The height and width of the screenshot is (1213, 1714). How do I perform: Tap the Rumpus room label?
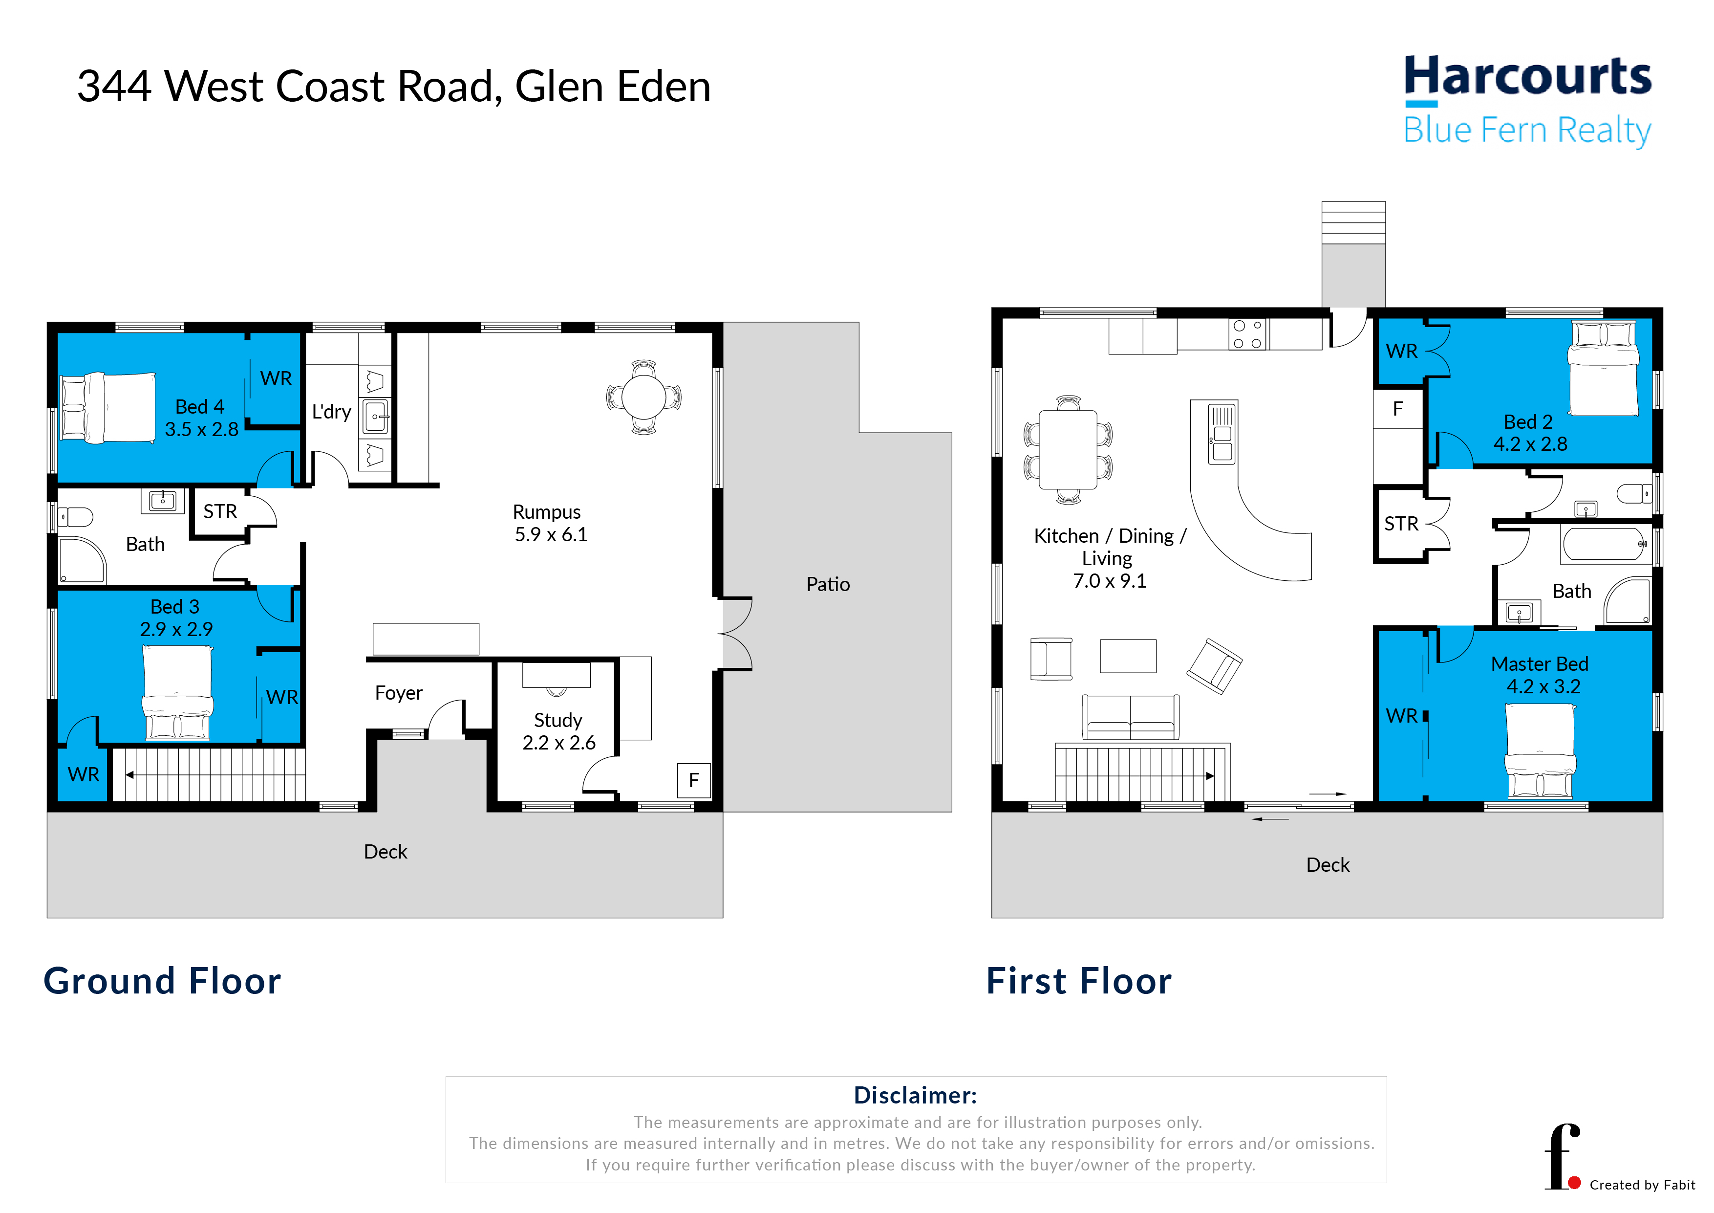point(546,511)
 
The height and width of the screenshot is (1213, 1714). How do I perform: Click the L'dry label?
point(331,412)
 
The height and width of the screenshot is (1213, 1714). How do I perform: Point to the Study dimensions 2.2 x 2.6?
point(558,743)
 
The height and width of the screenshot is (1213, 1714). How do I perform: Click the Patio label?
point(828,584)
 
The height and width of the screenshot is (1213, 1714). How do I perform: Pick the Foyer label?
point(399,693)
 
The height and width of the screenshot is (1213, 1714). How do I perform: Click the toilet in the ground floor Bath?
point(75,517)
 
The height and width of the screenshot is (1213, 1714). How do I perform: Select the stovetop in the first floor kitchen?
point(1247,334)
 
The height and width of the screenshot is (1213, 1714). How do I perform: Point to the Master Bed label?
point(1539,663)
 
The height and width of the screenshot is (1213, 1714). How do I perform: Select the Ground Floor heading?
point(162,981)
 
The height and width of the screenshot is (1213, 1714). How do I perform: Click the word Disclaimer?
point(915,1095)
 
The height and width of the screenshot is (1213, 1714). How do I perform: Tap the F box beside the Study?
point(693,780)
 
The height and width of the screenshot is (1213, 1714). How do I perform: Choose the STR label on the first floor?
point(1401,524)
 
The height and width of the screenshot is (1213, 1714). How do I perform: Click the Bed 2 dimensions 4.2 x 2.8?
point(1530,443)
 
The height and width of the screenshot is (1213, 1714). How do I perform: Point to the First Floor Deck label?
point(1328,864)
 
